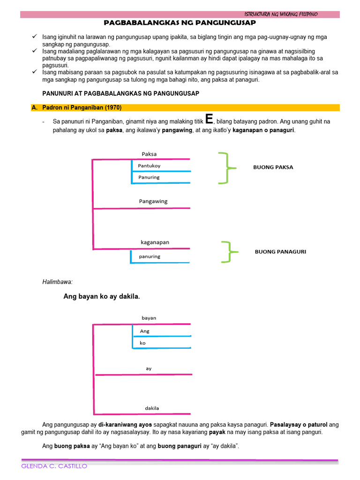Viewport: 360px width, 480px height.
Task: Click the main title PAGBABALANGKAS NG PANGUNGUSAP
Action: click(180, 22)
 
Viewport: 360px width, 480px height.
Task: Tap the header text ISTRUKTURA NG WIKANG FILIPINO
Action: click(281, 14)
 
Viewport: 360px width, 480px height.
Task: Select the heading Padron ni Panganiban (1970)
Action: click(82, 108)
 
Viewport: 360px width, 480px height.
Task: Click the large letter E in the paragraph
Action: click(209, 119)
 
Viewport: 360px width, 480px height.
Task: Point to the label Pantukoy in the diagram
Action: click(149, 166)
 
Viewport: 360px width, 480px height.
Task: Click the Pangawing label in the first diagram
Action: click(153, 202)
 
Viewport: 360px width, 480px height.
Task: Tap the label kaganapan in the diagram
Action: click(155, 242)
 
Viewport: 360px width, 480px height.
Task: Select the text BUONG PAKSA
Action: click(273, 167)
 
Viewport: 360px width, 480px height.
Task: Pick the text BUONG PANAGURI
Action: click(280, 252)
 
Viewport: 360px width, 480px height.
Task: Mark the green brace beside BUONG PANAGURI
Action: click(226, 252)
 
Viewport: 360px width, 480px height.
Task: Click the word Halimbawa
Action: click(57, 282)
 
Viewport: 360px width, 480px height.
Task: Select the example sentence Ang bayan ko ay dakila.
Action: click(102, 297)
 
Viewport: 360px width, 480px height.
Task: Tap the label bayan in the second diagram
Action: click(149, 318)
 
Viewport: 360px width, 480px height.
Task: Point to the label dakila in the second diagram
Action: click(151, 408)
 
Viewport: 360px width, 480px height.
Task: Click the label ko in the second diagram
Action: click(142, 343)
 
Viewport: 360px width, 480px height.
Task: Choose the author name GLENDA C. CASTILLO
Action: click(54, 466)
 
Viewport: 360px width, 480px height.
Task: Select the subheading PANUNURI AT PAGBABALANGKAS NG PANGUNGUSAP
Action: click(120, 93)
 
